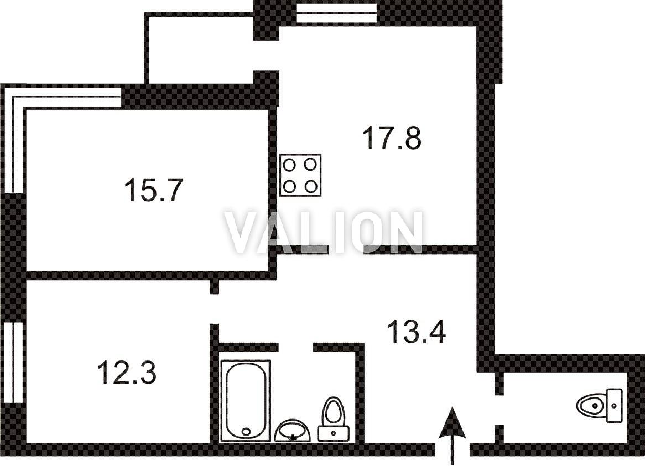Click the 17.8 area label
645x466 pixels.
(x=392, y=138)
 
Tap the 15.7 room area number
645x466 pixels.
(x=153, y=190)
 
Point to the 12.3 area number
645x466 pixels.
(x=127, y=372)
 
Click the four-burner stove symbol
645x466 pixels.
(x=301, y=175)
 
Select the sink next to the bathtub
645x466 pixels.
(x=293, y=431)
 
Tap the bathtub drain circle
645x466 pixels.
(x=246, y=432)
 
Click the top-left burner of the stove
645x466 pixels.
(x=290, y=165)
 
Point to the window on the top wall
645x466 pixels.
(x=337, y=12)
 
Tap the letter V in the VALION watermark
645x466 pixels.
(x=245, y=232)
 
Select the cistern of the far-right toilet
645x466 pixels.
(x=615, y=406)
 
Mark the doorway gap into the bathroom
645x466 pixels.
(x=296, y=347)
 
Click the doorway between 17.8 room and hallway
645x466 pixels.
(x=346, y=250)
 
